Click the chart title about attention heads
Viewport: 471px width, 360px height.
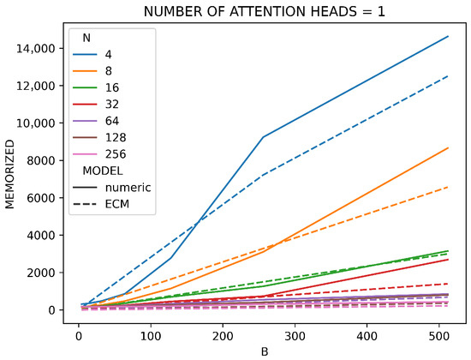click(x=264, y=11)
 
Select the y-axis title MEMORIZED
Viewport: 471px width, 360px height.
click(x=9, y=174)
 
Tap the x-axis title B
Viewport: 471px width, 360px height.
click(x=265, y=352)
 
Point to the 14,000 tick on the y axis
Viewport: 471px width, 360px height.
click(x=35, y=49)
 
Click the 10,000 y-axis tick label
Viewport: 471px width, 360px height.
click(x=35, y=123)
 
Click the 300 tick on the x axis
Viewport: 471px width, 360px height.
click(x=295, y=336)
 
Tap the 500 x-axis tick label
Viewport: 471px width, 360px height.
click(x=439, y=336)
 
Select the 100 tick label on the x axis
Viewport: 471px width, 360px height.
click(x=151, y=336)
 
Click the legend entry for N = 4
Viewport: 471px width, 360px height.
click(x=92, y=55)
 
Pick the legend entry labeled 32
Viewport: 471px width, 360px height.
click(x=96, y=105)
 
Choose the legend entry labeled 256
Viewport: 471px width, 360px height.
click(x=99, y=154)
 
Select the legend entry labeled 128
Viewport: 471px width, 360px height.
click(x=99, y=137)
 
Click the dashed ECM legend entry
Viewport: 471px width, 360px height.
click(x=101, y=204)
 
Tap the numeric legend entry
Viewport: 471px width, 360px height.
click(x=111, y=188)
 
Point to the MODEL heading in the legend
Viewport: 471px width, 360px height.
click(x=103, y=171)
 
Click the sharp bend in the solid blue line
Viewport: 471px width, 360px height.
click(x=264, y=137)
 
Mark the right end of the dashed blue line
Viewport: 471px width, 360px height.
click(x=448, y=76)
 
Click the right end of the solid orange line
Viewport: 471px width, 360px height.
click(x=448, y=147)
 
